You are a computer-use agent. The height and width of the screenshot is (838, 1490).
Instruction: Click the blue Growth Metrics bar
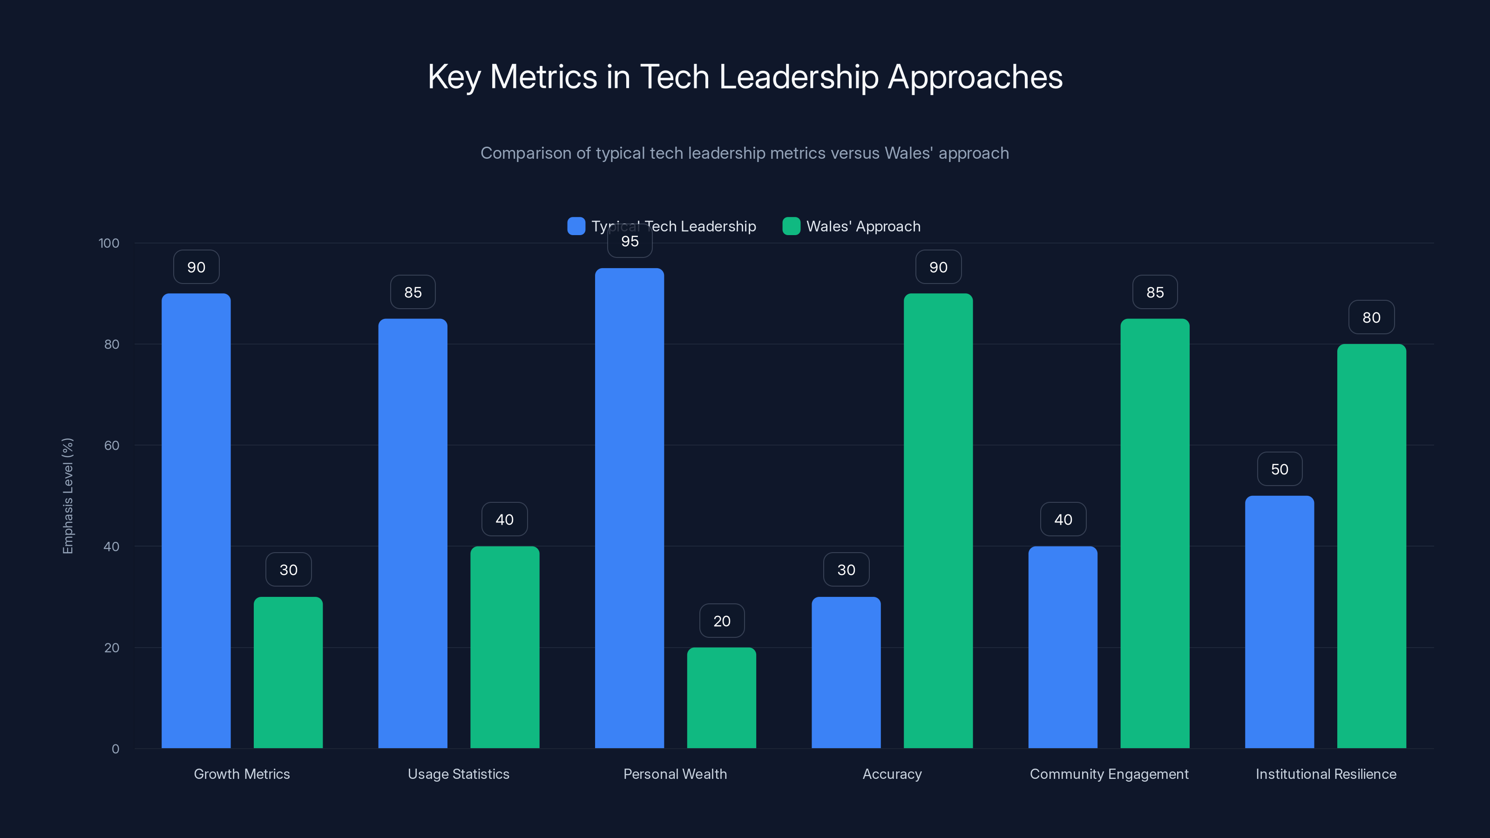pyautogui.click(x=196, y=520)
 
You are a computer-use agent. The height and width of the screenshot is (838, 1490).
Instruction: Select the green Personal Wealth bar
pyautogui.click(x=721, y=697)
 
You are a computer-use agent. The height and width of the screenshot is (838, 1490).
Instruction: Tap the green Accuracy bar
pyautogui.click(x=938, y=520)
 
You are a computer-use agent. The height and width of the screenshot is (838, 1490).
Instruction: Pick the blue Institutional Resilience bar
pyautogui.click(x=1280, y=622)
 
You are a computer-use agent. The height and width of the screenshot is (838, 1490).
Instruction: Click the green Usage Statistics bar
pyautogui.click(x=504, y=647)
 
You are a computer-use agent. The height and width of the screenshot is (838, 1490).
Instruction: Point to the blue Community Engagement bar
pyautogui.click(x=1063, y=647)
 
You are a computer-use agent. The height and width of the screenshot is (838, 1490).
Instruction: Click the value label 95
pyautogui.click(x=630, y=241)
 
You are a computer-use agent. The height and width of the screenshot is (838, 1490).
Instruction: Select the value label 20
pyautogui.click(x=721, y=621)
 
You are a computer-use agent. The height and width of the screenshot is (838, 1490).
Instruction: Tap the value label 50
pyautogui.click(x=1280, y=469)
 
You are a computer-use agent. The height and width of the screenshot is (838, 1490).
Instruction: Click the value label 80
pyautogui.click(x=1371, y=318)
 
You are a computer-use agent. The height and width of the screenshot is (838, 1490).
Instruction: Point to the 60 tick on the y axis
pyautogui.click(x=112, y=446)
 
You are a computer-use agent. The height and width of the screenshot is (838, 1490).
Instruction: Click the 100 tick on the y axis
pyautogui.click(x=109, y=243)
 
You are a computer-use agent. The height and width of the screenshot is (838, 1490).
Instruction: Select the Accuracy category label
pyautogui.click(x=892, y=774)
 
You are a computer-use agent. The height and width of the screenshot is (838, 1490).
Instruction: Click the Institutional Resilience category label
pyautogui.click(x=1326, y=774)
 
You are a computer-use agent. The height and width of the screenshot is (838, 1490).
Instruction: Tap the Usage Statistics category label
pyautogui.click(x=458, y=774)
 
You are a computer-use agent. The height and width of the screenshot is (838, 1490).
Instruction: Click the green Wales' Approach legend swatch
pyautogui.click(x=791, y=226)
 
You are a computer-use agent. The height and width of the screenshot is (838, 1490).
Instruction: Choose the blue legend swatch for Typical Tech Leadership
pyautogui.click(x=576, y=226)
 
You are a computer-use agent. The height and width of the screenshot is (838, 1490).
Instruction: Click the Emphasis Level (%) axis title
pyautogui.click(x=68, y=496)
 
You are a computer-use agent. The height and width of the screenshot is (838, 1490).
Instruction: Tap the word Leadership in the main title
pyautogui.click(x=798, y=77)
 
